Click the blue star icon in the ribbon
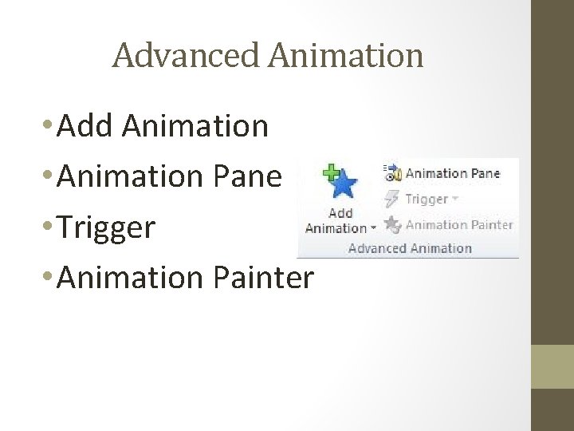pyautogui.click(x=343, y=186)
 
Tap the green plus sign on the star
pyautogui.click(x=328, y=172)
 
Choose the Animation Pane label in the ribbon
pyautogui.click(x=453, y=173)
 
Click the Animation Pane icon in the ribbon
pyautogui.click(x=391, y=172)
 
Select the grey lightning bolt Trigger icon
pyautogui.click(x=391, y=199)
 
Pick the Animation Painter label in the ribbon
pyautogui.click(x=458, y=225)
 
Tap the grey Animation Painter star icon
pyautogui.click(x=391, y=224)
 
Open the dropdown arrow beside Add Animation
pyautogui.click(x=373, y=229)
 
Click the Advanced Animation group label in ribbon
pyautogui.click(x=410, y=247)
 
